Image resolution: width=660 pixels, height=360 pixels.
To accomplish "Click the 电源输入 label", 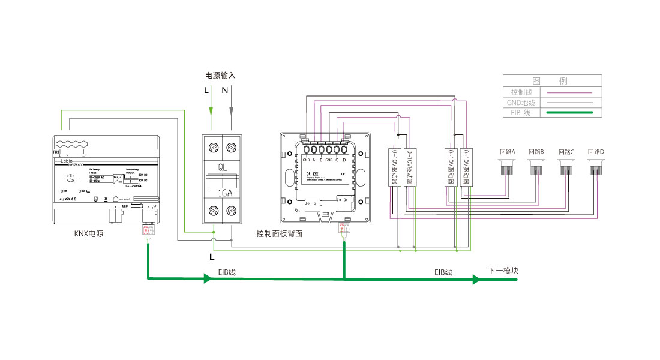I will click(220, 76).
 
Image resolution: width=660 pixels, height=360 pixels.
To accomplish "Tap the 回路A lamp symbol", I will click(508, 167).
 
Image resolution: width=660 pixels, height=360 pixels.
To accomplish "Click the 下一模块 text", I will click(503, 271).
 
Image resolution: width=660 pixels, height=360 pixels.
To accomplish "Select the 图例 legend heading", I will click(550, 81).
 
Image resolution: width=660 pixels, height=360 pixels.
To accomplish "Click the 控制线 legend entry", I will click(521, 92).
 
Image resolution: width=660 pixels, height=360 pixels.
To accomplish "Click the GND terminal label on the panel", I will click(305, 160).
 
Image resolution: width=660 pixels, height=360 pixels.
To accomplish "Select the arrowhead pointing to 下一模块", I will click(476, 279).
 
